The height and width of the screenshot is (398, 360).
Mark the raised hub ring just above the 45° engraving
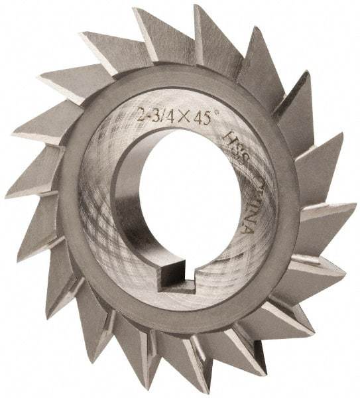(199, 90)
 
